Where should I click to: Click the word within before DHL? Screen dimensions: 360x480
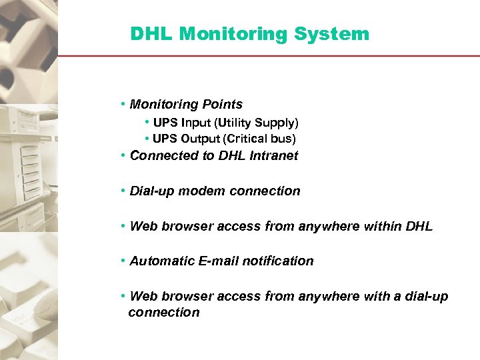pos(383,227)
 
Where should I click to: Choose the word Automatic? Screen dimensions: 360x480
pos(162,261)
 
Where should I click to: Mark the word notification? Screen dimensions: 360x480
pos(278,261)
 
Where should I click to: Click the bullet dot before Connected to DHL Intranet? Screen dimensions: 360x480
pos(124,156)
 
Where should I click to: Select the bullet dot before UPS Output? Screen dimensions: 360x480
pos(147,139)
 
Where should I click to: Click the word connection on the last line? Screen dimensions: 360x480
pos(164,313)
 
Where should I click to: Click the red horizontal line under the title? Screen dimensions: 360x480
pos(267,56)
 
